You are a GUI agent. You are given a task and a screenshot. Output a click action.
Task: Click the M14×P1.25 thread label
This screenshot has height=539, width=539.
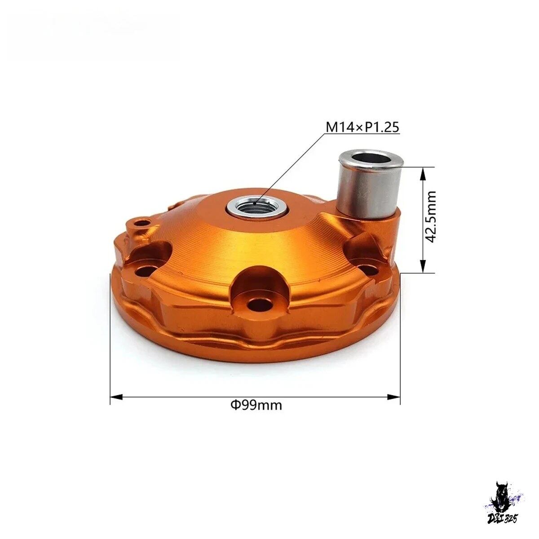(x=362, y=127)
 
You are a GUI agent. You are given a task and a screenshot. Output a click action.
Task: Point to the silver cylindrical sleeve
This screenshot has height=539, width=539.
(x=371, y=185)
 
